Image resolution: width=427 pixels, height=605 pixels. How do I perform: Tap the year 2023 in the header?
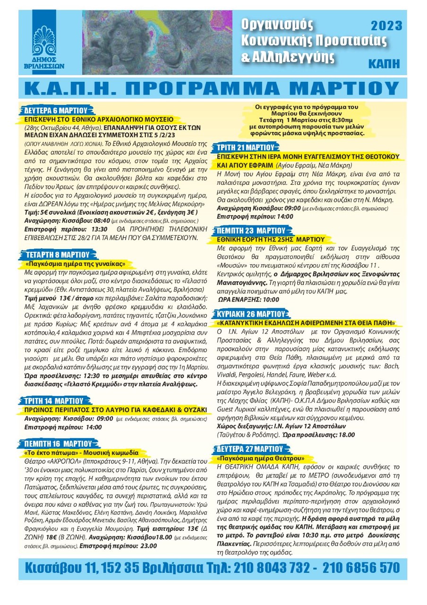click(x=386, y=25)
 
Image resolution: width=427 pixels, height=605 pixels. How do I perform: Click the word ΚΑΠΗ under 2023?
click(x=389, y=62)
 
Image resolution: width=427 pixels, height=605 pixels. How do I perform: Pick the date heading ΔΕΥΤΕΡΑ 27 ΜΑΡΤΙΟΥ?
click(x=250, y=449)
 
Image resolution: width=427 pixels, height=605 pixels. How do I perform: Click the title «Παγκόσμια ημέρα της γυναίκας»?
click(x=75, y=263)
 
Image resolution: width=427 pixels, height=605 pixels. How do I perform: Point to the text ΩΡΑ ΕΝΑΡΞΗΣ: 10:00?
click(x=249, y=299)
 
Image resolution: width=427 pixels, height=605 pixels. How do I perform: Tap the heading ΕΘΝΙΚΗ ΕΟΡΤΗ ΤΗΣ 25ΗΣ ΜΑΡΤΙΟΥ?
click(x=271, y=239)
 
